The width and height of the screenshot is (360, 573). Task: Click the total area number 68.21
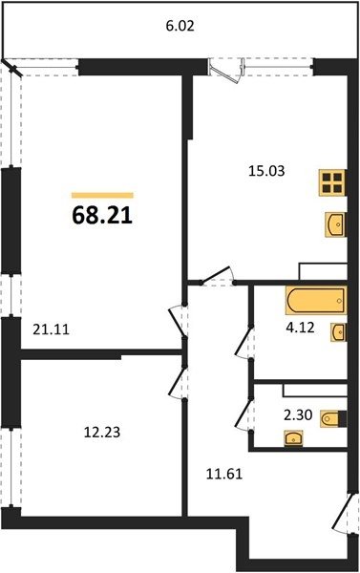pyautogui.click(x=102, y=216)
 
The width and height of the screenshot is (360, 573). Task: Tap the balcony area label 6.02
pyautogui.click(x=180, y=27)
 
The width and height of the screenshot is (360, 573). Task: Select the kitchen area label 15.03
pyautogui.click(x=266, y=171)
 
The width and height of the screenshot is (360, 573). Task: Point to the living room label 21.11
pyautogui.click(x=51, y=330)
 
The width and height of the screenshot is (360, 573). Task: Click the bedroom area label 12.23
pyautogui.click(x=102, y=433)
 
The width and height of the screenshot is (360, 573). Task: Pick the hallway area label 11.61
pyautogui.click(x=224, y=475)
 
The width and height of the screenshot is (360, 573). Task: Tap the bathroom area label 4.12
pyautogui.click(x=300, y=328)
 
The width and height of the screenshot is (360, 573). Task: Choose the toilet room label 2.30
pyautogui.click(x=298, y=414)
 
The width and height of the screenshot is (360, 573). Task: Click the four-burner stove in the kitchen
pyautogui.click(x=332, y=183)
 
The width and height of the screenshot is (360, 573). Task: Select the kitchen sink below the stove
pyautogui.click(x=335, y=225)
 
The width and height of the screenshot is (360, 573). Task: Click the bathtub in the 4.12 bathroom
pyautogui.click(x=316, y=301)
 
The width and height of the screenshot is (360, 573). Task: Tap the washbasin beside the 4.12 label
pyautogui.click(x=338, y=332)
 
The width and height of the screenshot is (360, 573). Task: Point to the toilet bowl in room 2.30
pyautogui.click(x=333, y=418)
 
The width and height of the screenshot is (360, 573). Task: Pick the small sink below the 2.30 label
pyautogui.click(x=293, y=438)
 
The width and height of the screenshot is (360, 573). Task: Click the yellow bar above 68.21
pyautogui.click(x=102, y=196)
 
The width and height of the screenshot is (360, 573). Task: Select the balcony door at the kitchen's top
pyautogui.click(x=226, y=70)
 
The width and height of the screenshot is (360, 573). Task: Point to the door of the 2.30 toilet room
pyautogui.click(x=244, y=415)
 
